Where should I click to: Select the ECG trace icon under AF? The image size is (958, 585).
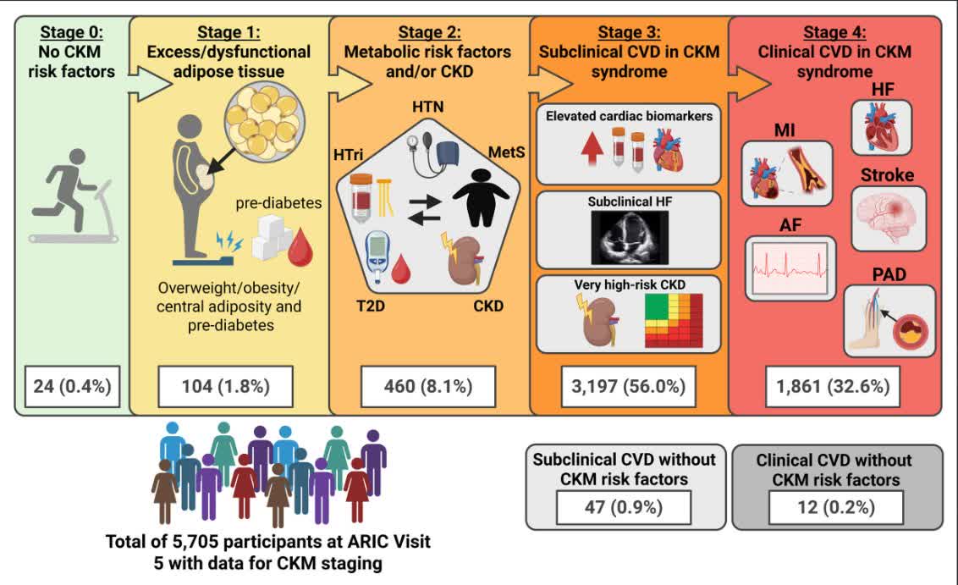pos(790,268)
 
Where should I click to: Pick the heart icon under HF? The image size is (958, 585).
pos(879,127)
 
